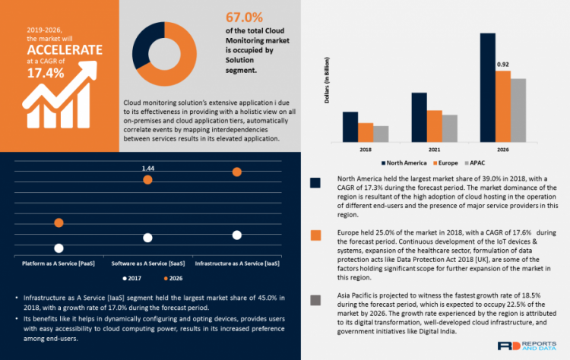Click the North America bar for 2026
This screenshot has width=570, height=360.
488,87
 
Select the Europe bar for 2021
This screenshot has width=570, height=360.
434,125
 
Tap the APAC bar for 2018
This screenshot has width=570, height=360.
381,133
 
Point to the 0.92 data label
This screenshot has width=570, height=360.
502,65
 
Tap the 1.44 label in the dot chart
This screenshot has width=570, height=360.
147,167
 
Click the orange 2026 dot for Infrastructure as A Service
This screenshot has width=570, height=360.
237,173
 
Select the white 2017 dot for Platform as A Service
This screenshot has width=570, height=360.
59,248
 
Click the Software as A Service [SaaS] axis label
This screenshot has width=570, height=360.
147,262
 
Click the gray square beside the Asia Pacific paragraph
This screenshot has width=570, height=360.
315,302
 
